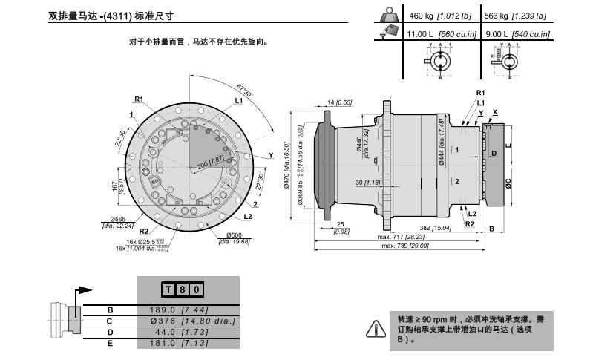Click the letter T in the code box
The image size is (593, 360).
pyautogui.click(x=168, y=289)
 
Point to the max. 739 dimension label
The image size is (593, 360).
pyautogui.click(x=404, y=246)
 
